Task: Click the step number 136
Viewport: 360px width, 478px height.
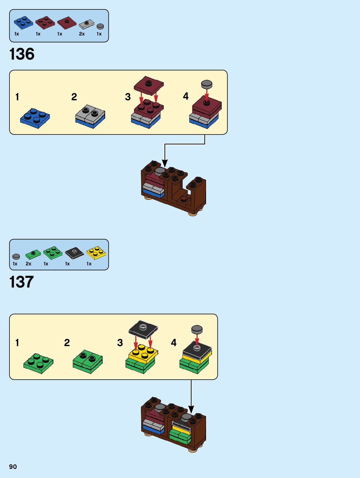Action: coord(22,54)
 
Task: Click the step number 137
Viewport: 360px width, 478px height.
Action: coord(21,282)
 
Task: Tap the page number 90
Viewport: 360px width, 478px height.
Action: coord(13,467)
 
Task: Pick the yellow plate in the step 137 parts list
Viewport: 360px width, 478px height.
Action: coord(96,253)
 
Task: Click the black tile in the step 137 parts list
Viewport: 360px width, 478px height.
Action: coord(74,253)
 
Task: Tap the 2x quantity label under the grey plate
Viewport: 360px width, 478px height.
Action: coord(82,34)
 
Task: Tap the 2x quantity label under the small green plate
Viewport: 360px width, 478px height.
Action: coord(29,264)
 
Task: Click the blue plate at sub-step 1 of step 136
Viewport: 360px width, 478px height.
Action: coord(35,118)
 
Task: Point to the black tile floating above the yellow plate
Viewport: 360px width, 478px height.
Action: coord(143,329)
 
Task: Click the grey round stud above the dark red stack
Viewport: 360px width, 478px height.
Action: coord(207,84)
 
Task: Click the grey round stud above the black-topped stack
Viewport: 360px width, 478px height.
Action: coord(197,329)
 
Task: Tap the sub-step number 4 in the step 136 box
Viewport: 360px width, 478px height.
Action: coord(186,96)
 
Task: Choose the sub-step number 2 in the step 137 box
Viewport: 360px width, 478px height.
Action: coord(67,343)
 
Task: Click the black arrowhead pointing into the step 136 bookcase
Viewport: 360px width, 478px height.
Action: coord(165,163)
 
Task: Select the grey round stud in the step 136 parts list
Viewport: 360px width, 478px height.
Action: coord(100,26)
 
